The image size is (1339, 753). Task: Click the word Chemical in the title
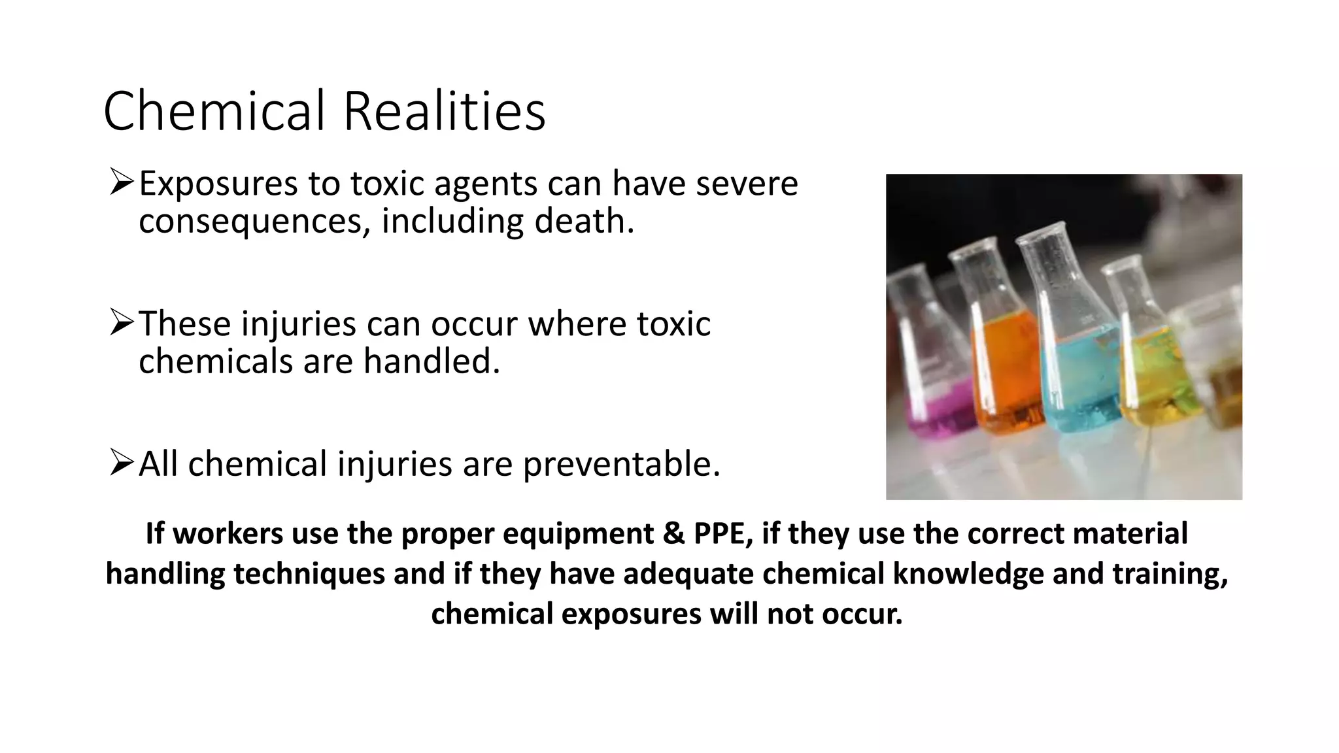(214, 111)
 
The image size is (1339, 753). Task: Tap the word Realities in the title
(444, 111)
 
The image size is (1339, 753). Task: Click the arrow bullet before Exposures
(122, 182)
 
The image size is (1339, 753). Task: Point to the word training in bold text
(1169, 574)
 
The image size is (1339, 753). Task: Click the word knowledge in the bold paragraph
(968, 574)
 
